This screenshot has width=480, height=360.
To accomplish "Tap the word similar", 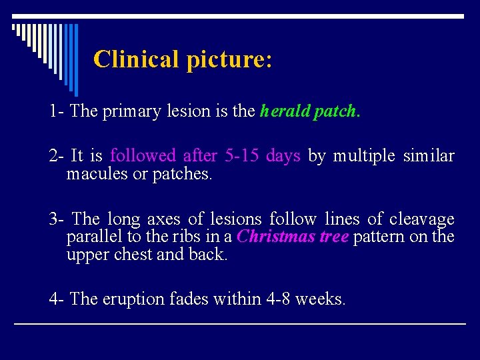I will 429,156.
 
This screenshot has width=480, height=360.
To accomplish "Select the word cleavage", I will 421,219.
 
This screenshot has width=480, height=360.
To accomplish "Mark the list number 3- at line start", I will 57,219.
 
